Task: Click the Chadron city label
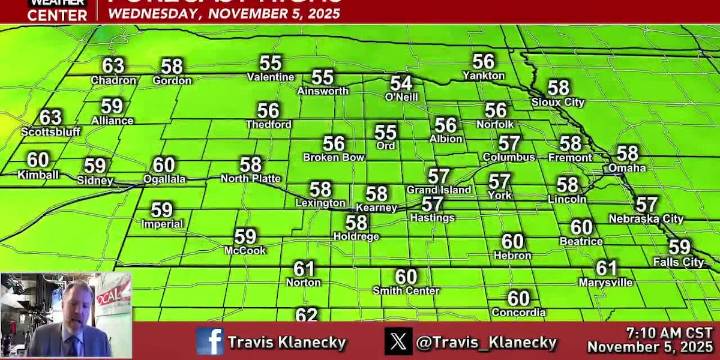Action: coord(113,80)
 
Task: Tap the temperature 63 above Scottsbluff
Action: coord(50,117)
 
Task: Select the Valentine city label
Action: coord(270,77)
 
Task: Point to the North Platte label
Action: coord(250,178)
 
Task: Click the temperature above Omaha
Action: coord(627,153)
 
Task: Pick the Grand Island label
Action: coord(438,189)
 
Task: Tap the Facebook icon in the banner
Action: coord(210,341)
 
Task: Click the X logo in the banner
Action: coord(398,341)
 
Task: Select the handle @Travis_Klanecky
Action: coord(486,342)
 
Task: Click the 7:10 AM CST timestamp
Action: coord(669,331)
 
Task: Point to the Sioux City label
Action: coord(558,102)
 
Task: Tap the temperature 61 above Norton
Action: coord(304,268)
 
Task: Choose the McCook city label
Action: coord(245,250)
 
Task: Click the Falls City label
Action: coord(679,262)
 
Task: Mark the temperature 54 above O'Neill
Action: coord(401,83)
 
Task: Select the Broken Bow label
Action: coord(333,157)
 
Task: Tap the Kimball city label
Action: coord(38,174)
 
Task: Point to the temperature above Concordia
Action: coord(518,298)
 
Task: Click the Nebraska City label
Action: coord(646,218)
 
